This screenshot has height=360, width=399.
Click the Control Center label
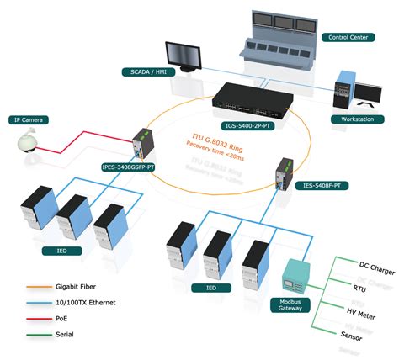[348, 38]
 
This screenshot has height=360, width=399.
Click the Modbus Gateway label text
[290, 304]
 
